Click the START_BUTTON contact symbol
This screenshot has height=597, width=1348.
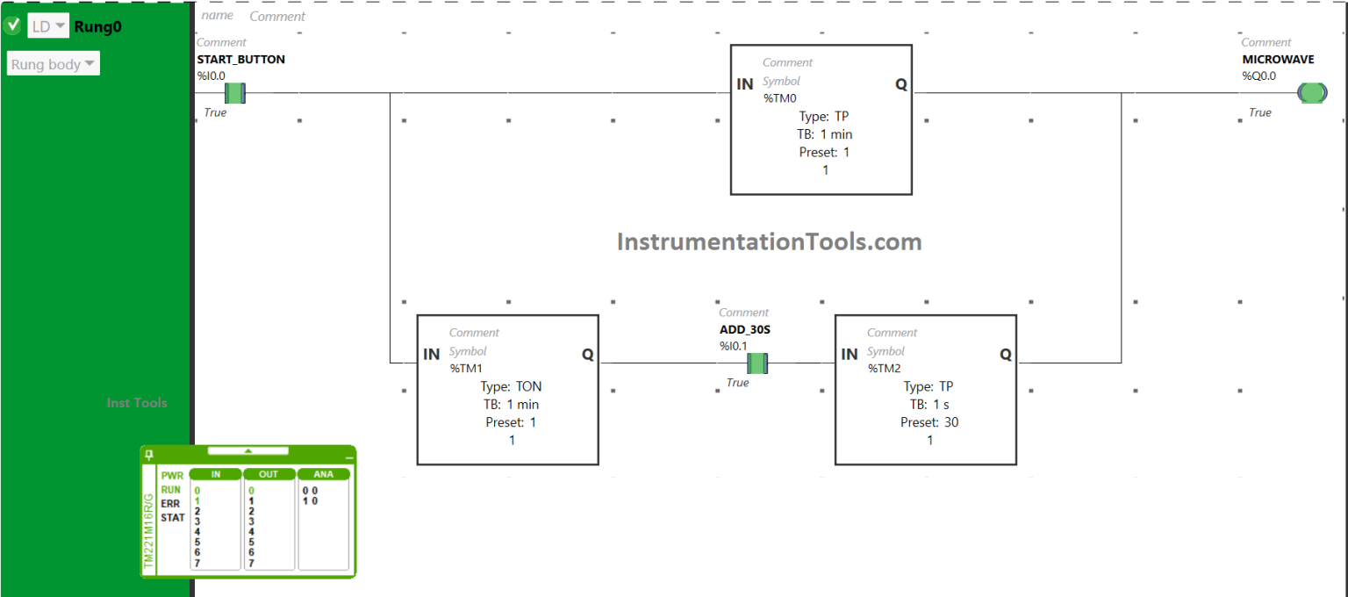[234, 93]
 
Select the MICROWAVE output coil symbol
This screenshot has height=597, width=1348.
[1312, 93]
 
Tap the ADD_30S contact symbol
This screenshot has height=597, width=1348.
[757, 363]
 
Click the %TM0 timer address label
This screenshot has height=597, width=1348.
[780, 98]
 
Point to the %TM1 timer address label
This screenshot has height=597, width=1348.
[467, 368]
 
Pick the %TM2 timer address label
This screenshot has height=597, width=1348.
[885, 368]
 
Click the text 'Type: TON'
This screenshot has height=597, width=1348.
[512, 386]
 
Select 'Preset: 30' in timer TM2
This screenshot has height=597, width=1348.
[929, 422]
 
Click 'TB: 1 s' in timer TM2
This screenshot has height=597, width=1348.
[929, 404]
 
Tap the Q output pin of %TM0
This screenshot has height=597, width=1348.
[901, 84]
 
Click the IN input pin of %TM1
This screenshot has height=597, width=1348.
[432, 355]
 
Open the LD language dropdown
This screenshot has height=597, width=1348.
[48, 26]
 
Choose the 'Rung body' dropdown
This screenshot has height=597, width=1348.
[54, 64]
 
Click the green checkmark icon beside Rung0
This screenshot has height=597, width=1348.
[12, 25]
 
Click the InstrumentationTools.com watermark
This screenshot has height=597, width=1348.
[769, 241]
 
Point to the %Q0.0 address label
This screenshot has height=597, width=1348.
[1258, 76]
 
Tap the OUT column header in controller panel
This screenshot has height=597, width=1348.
[269, 474]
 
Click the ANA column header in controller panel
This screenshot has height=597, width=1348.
[323, 474]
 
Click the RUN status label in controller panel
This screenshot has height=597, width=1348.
[171, 490]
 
